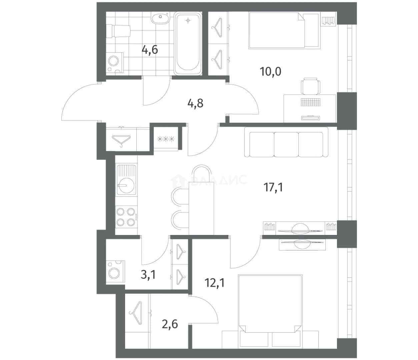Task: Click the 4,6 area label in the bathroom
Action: pyautogui.click(x=150, y=50)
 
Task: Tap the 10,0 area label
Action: pyautogui.click(x=271, y=71)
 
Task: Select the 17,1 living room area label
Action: pyautogui.click(x=273, y=187)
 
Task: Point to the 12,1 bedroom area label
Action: pyautogui.click(x=215, y=283)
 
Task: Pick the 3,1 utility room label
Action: pyautogui.click(x=148, y=275)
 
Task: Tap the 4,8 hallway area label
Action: pyautogui.click(x=195, y=103)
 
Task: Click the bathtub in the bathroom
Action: pyautogui.click(x=188, y=43)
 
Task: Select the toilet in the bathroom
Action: pyautogui.click(x=118, y=31)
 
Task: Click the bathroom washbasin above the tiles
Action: pyautogui.click(x=160, y=18)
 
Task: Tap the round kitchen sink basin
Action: pyautogui.click(x=126, y=185)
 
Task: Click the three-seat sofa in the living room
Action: pyautogui.click(x=286, y=142)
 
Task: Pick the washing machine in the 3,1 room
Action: pyautogui.click(x=115, y=273)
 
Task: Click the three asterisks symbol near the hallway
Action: pyautogui.click(x=166, y=139)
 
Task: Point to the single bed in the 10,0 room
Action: pyautogui.click(x=285, y=30)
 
